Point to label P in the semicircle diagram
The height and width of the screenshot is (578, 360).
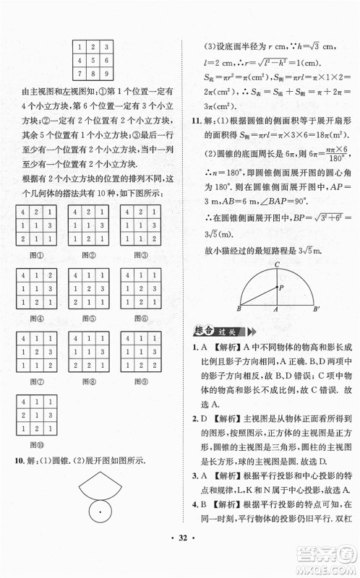pyautogui.click(x=282, y=287)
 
